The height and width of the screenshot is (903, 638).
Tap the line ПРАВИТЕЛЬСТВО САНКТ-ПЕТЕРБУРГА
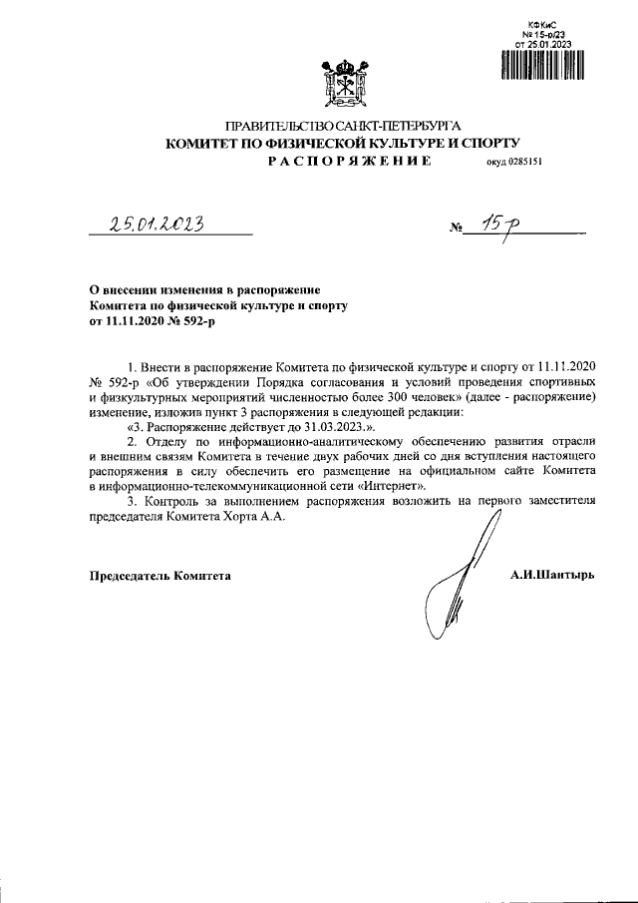[342, 128]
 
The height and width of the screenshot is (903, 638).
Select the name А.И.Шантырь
[551, 576]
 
